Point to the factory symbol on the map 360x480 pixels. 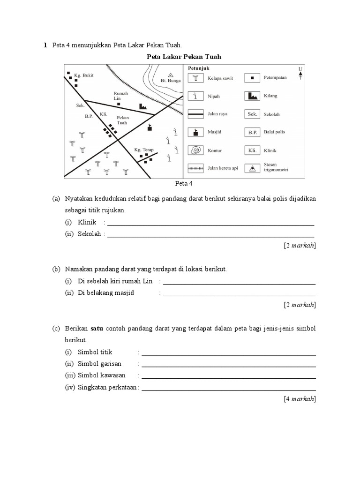click(x=142, y=107)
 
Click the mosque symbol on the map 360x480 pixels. click(x=150, y=127)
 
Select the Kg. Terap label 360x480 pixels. click(x=144, y=150)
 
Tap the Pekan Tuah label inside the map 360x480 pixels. click(x=122, y=120)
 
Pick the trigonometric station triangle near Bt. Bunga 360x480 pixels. click(x=171, y=75)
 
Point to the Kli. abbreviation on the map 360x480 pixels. click(x=104, y=114)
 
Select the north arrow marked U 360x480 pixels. click(x=300, y=73)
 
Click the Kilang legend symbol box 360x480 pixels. click(x=252, y=96)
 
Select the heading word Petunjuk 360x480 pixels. click(x=198, y=68)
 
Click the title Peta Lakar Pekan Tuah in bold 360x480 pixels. click(x=184, y=57)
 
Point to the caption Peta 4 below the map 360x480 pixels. click(x=184, y=183)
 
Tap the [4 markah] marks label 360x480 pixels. click(x=300, y=399)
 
